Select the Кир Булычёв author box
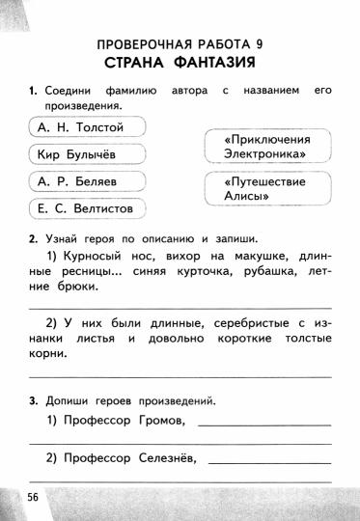85,153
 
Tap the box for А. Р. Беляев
85,180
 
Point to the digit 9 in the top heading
258,43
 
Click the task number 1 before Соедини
33,91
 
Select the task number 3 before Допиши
33,399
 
